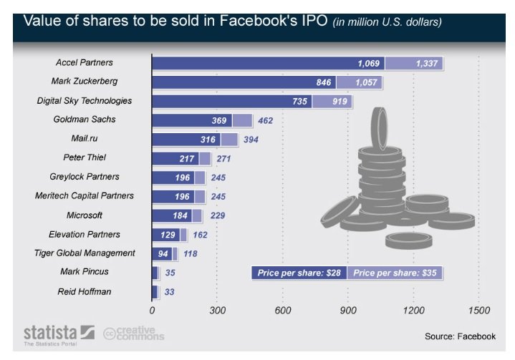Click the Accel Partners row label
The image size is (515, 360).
pyautogui.click(x=85, y=63)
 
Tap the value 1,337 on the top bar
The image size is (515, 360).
pyautogui.click(x=428, y=64)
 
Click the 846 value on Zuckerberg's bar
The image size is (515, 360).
pyautogui.click(x=324, y=82)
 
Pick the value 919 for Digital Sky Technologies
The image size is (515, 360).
pyautogui.click(x=340, y=102)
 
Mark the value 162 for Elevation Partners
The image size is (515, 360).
pyautogui.click(x=201, y=234)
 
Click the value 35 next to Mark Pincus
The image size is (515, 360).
pyautogui.click(x=170, y=273)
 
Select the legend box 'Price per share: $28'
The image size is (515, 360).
pyautogui.click(x=299, y=273)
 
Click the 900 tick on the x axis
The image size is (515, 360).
pyautogui.click(x=348, y=311)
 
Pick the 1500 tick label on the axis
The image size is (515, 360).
pyautogui.click(x=478, y=311)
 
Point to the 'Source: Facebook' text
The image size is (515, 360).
pyautogui.click(x=460, y=336)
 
